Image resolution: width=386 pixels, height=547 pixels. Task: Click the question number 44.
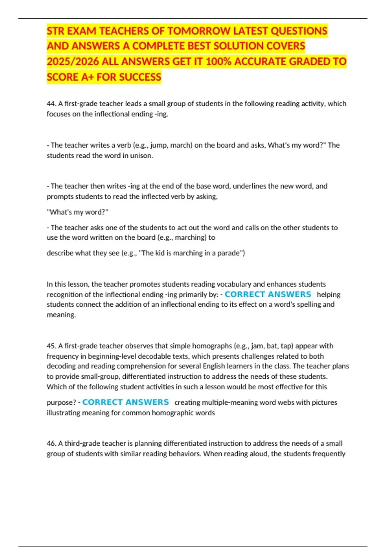[x=51, y=104]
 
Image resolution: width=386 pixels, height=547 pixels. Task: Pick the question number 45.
[x=51, y=346]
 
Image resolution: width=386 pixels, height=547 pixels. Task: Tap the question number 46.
[x=51, y=443]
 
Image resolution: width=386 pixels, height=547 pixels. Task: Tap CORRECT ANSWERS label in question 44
[x=268, y=294]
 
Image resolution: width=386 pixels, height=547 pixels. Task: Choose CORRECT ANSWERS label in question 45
[x=125, y=402]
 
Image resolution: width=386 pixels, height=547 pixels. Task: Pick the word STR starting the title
[x=55, y=31]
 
